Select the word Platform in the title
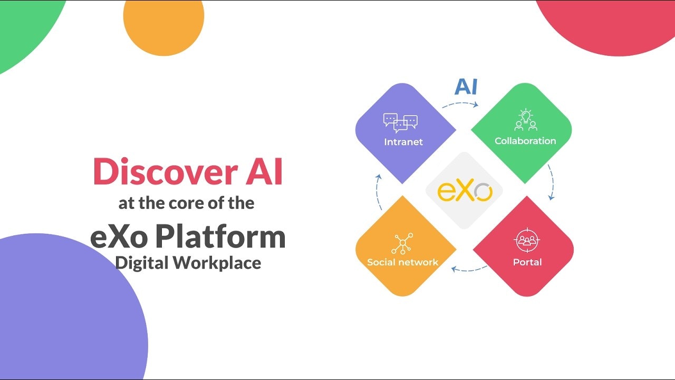pos(220,237)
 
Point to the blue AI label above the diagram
pos(466,87)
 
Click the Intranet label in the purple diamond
pos(403,142)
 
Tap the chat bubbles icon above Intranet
pos(400,122)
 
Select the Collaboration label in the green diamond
pos(525,141)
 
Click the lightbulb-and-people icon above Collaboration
pos(525,120)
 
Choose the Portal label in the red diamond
pos(527,262)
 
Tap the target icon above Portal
pos(527,241)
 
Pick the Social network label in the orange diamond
pos(403,262)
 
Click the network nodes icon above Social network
pos(402,243)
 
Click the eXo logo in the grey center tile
pos(465,191)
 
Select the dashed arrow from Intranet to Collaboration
pos(460,104)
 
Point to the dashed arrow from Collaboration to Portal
pos(551,182)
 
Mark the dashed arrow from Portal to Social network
pos(469,270)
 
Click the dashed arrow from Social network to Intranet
pos(378,192)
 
